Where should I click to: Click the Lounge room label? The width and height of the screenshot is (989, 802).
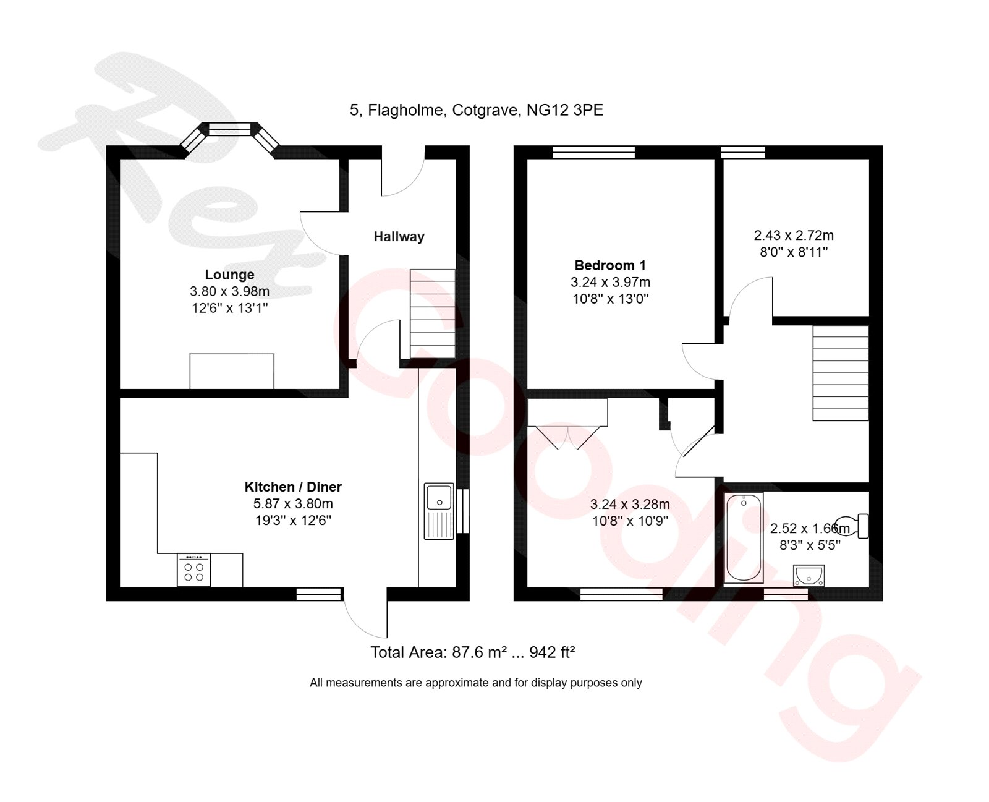229,275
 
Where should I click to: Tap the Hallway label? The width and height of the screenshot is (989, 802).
399,236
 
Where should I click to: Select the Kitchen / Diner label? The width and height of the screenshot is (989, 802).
293,487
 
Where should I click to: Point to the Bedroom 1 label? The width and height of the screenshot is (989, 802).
610,265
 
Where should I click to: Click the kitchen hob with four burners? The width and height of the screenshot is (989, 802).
193,570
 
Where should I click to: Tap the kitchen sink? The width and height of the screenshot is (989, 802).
439,511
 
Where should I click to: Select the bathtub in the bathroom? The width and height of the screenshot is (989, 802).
743,537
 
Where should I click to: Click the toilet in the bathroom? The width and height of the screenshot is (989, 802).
853,526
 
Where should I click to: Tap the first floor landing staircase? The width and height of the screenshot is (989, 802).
840,373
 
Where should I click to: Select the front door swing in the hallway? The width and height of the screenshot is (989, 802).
402,176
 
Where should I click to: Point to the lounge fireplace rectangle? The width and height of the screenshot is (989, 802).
231,371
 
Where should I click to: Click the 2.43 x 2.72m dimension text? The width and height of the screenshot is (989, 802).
794,236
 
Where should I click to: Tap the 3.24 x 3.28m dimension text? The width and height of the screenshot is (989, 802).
630,504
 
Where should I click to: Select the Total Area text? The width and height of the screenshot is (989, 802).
472,652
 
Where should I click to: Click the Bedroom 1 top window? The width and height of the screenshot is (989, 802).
593,152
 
